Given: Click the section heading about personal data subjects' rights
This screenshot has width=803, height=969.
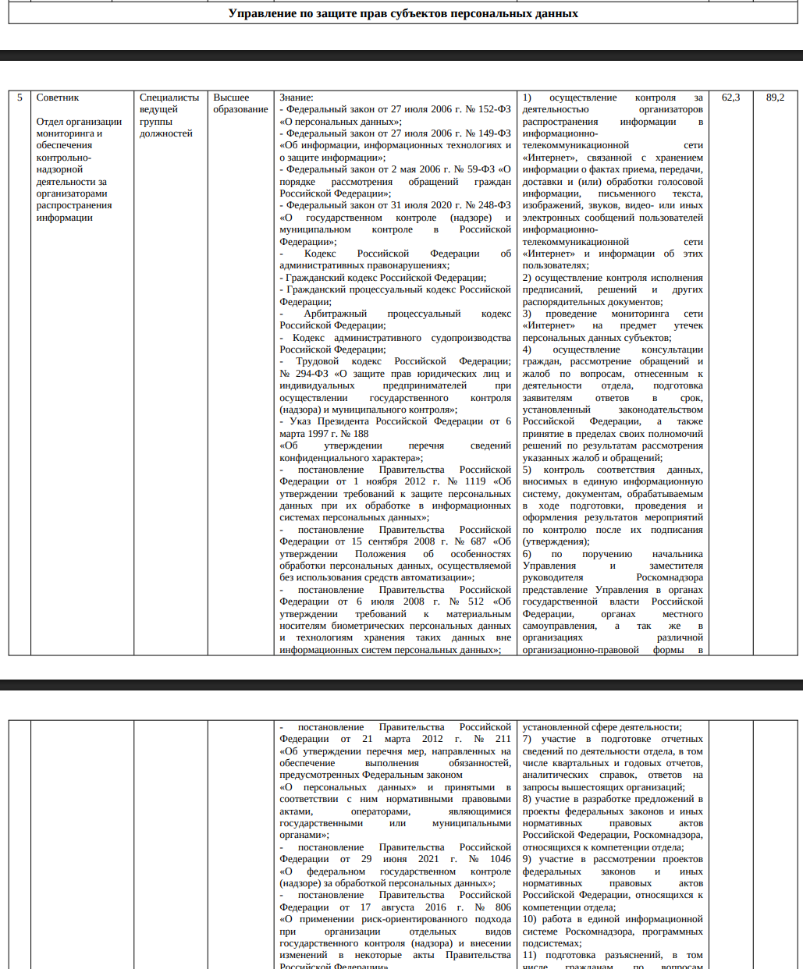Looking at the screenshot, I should pos(403,13).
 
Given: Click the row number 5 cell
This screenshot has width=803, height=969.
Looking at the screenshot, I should pos(20,98).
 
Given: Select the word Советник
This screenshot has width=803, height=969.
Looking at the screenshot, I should pos(58,98).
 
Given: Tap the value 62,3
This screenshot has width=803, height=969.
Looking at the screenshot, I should pos(731,98).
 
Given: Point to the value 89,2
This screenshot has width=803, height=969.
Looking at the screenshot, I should pos(775,98).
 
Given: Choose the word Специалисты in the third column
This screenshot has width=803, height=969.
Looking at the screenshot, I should pos(169,98).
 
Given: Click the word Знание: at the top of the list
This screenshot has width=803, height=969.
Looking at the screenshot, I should pos(296,98).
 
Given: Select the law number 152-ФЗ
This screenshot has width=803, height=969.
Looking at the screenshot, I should pos(493,110).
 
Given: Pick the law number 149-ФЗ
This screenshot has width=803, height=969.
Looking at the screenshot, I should pos(493,133).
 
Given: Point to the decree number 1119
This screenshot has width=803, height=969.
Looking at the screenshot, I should pos(475,481).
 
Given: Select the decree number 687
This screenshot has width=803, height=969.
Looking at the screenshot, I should pos(478,541).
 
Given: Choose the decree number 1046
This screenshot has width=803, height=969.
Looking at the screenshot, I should pos(499,859).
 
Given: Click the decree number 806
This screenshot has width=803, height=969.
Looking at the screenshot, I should pos(503,907).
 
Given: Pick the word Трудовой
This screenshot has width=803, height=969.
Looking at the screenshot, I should pos(318,361).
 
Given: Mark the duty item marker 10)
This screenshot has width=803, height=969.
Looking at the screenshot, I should pos(530,919).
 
